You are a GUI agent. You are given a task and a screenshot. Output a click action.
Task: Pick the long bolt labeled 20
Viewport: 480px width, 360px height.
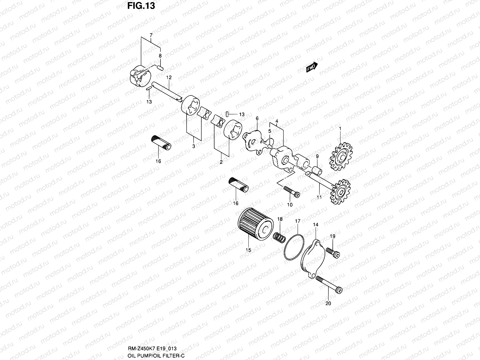(x=330, y=285)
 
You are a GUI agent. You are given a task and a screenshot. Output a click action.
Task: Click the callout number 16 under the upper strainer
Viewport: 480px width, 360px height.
(x=158, y=161)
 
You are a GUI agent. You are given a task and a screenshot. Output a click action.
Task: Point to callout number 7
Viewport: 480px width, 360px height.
(x=151, y=35)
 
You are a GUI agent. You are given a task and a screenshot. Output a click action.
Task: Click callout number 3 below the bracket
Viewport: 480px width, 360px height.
(x=193, y=146)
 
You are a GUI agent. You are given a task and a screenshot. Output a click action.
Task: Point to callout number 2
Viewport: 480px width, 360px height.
(x=221, y=162)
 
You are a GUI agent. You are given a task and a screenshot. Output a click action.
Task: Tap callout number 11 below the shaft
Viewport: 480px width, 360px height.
(x=319, y=197)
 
